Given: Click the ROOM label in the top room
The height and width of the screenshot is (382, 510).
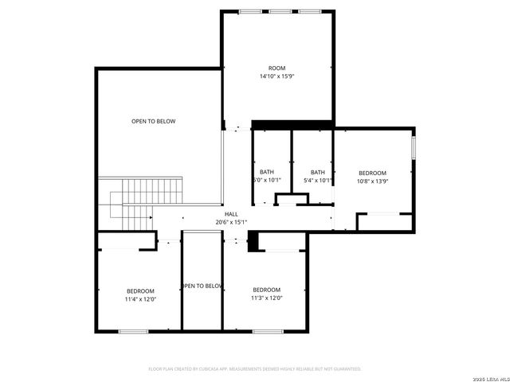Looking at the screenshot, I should click(x=277, y=68).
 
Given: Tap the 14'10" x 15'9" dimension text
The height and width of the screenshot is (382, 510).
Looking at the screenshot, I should click(x=277, y=76).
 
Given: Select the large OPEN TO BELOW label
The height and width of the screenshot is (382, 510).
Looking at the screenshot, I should click(x=154, y=121).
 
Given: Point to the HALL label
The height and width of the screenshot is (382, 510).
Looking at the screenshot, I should click(x=231, y=214).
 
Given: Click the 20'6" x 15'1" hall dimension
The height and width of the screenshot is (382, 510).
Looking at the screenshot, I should click(x=231, y=222).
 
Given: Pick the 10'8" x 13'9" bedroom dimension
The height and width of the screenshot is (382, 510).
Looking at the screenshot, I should click(x=372, y=181).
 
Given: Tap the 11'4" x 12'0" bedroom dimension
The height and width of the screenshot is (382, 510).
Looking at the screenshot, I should click(x=140, y=299).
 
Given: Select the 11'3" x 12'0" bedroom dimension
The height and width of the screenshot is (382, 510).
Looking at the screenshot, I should click(x=266, y=298).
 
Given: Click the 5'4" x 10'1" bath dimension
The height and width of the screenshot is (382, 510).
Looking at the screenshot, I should click(x=318, y=181).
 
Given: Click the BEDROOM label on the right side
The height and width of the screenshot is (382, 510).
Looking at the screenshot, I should click(x=372, y=173).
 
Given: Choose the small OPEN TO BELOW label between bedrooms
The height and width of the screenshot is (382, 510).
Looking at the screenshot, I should click(x=202, y=286).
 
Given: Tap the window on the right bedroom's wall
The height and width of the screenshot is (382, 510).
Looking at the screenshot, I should click(x=414, y=147).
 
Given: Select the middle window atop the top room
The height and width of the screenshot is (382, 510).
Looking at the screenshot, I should click(x=280, y=11).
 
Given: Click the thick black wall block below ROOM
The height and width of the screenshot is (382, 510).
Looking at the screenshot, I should click(x=292, y=124).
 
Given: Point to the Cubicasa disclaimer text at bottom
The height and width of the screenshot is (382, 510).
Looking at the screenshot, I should click(x=255, y=369).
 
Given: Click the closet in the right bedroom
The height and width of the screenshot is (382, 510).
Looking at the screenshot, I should click(x=385, y=221).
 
